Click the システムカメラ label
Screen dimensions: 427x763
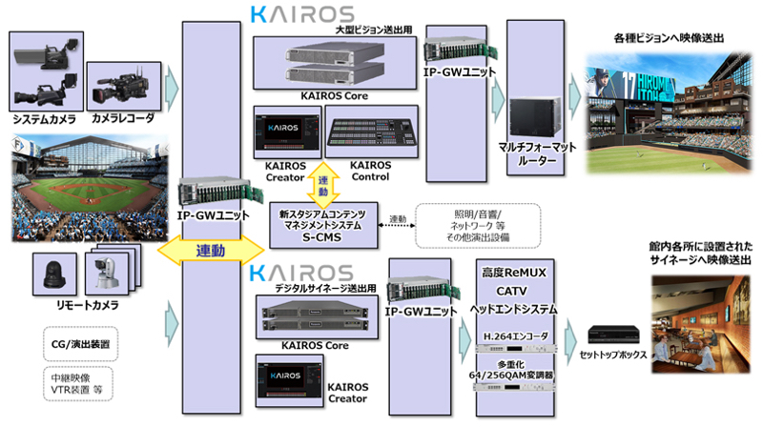pos(43,120)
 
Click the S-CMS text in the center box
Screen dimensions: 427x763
pos(324,233)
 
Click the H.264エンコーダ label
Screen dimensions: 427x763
pos(515,336)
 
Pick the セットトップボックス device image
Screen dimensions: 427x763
pos(611,334)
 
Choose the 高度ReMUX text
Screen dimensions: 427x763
pos(515,272)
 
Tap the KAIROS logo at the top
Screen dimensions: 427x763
pos(300,13)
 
